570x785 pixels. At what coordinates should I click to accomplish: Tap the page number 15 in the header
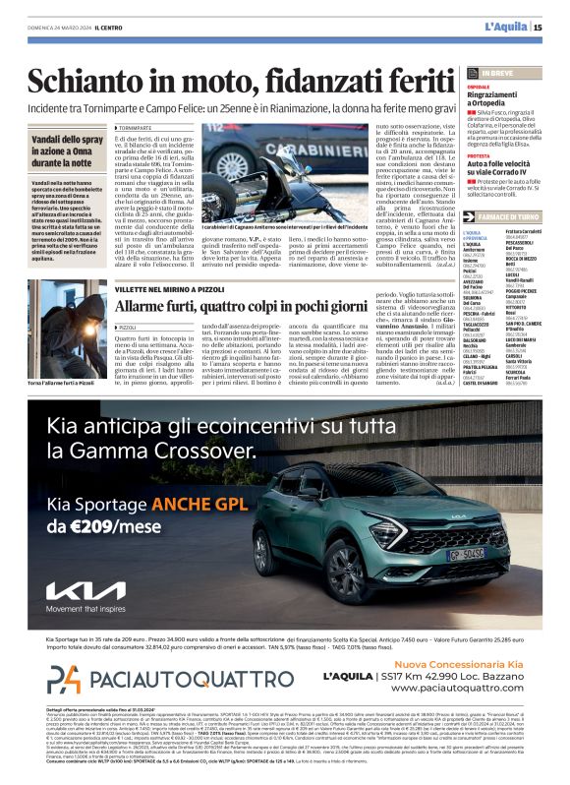pos(538,27)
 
